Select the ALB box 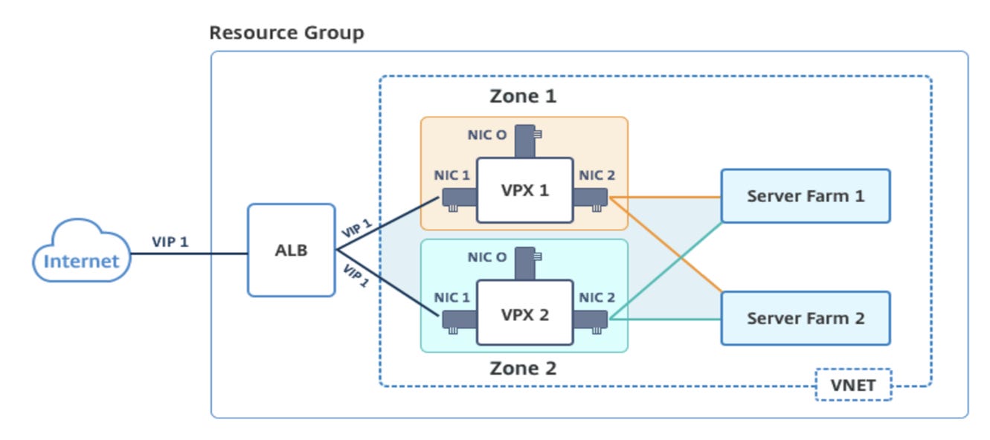[291, 250]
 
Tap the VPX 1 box [524, 190]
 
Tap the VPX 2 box [524, 313]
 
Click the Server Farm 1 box [806, 196]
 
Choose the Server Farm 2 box [806, 318]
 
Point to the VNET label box [852, 385]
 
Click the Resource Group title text [286, 33]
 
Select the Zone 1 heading [523, 96]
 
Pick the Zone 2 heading [523, 368]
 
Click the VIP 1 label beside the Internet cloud [170, 242]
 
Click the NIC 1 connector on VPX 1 [458, 198]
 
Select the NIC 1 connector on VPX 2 [458, 320]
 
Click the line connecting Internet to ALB [189, 254]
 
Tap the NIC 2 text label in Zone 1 [597, 176]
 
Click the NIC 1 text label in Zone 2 [452, 298]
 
